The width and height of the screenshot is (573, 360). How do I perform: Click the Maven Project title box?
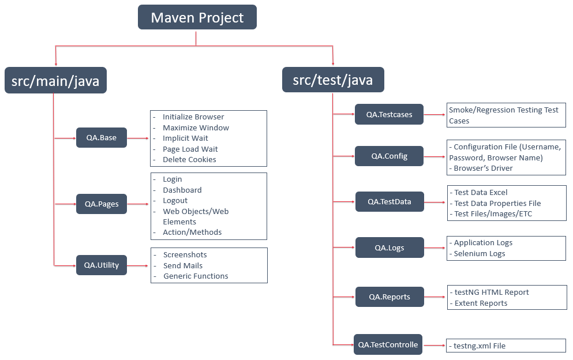coord(197,17)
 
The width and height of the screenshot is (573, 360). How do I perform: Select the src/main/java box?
coord(55,81)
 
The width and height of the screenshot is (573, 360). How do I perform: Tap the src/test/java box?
coord(333,80)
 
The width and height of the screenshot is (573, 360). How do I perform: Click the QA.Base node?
coord(101,138)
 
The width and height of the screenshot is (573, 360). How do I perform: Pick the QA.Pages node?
coord(101,204)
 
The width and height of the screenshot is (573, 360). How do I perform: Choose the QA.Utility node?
coord(101,265)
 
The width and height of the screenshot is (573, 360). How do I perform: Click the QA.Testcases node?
coord(389,114)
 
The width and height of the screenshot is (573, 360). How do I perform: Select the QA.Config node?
coord(389,156)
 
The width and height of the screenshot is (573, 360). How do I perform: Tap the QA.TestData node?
coord(390,202)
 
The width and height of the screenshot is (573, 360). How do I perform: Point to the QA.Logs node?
coord(390,247)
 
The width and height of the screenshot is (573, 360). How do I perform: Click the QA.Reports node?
coord(390,297)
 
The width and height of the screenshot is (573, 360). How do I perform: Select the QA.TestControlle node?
coord(388,344)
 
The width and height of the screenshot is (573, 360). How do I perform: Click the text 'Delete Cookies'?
coord(189,159)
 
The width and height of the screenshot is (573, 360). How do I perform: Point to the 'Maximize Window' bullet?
coord(196,127)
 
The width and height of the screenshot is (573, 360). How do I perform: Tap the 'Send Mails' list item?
coord(182,265)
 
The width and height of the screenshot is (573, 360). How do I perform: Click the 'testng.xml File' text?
coord(479,346)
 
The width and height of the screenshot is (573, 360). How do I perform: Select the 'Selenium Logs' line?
coord(479,253)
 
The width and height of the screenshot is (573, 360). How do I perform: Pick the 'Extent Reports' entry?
coord(481,303)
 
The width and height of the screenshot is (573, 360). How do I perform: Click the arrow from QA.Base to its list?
coord(138,138)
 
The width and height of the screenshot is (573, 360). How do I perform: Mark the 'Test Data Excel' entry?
coord(481,193)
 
